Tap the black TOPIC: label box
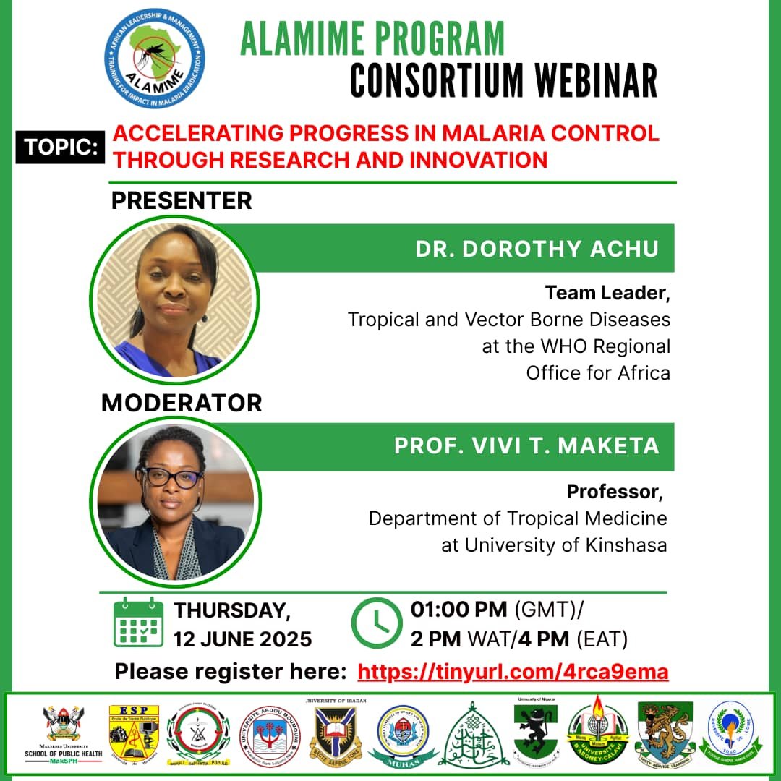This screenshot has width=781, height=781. tap(61, 147)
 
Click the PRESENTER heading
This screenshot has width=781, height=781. tap(182, 200)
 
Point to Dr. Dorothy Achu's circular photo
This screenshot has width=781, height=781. tap(174, 299)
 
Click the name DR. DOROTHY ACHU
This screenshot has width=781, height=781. tap(537, 249)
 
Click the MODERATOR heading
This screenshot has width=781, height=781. tap(182, 403)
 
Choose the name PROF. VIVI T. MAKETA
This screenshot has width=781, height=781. tap(526, 445)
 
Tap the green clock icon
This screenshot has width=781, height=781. tap(376, 622)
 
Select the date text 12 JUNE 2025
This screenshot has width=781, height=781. tap(242, 639)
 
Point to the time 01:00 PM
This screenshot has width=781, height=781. tap(458, 610)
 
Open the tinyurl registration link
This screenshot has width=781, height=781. tap(513, 672)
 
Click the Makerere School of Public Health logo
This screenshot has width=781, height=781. tap(64, 732)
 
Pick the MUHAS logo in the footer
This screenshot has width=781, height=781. tap(403, 733)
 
